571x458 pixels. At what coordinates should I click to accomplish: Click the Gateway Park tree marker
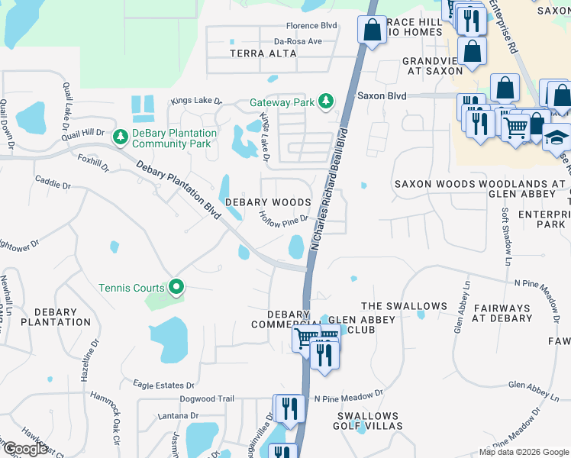[x=326, y=102]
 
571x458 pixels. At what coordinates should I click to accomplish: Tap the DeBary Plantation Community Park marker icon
[x=120, y=137]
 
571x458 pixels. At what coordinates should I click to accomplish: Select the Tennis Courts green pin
[x=176, y=288]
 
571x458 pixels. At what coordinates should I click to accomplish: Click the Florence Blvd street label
[x=311, y=25]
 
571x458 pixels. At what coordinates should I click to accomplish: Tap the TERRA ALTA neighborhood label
[x=258, y=53]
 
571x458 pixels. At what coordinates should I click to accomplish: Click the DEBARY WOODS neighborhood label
[x=268, y=202]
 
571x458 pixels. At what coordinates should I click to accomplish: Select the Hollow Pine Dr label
[x=283, y=218]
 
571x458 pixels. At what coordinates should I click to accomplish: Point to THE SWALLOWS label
[x=404, y=306]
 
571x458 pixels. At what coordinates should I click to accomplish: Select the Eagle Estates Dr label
[x=163, y=385]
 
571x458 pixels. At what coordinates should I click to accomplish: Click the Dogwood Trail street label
[x=206, y=398]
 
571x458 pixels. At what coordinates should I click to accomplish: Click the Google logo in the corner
[x=25, y=449]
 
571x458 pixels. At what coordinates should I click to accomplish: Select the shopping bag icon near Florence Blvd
[x=372, y=31]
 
